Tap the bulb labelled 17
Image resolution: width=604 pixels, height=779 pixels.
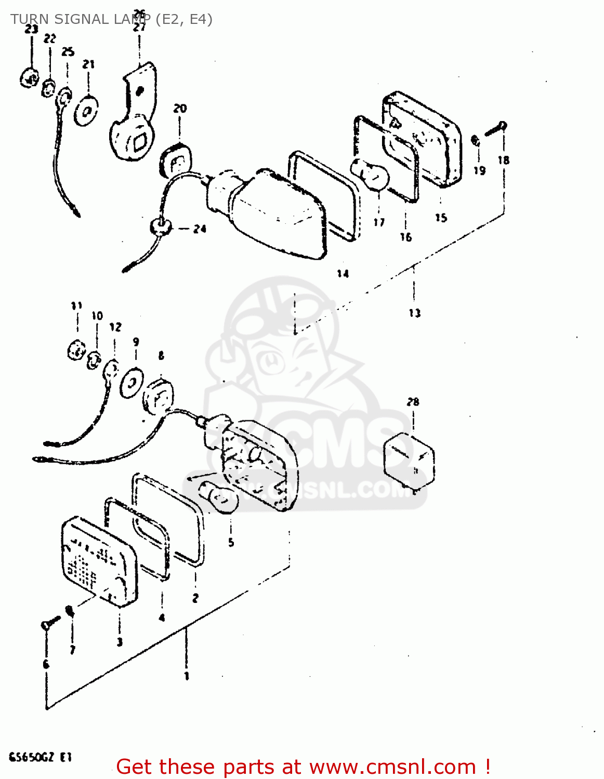pos(371,175)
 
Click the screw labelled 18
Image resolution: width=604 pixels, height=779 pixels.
pos(495,128)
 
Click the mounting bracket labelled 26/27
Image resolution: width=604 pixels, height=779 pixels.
pos(134,114)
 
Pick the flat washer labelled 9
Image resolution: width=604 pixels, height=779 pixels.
pos(132,383)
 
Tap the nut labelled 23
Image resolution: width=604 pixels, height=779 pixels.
pos(29,78)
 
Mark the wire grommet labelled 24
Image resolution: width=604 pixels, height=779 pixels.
pos(160,226)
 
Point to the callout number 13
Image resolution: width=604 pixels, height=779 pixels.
pos(414,313)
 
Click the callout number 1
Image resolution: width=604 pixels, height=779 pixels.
pos(186,676)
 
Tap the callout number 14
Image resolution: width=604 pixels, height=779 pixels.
pos(343,274)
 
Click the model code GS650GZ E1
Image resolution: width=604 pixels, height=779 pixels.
pos(40,757)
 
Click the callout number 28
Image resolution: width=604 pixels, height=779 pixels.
pos(413,401)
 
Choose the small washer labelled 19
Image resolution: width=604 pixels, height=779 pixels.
pos(475,140)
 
